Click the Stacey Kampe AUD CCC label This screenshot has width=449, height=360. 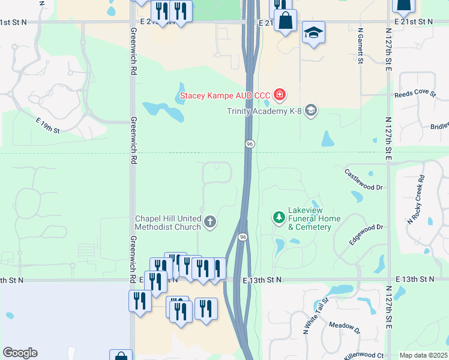226,95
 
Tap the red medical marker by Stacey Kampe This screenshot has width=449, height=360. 279,94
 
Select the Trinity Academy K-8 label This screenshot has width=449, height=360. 265,110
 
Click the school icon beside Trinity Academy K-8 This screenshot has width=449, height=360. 310,110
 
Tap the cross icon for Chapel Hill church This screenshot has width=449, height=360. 210,222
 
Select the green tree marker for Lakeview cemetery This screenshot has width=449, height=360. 279,217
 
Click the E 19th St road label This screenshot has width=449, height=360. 48,125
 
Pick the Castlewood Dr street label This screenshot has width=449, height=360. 363,179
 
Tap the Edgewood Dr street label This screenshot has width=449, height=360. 366,234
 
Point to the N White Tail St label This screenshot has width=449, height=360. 316,316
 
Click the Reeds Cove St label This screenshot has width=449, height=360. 415,94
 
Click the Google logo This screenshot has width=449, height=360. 20,353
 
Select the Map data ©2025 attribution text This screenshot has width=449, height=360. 424,355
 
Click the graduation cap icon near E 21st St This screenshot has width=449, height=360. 313,32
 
